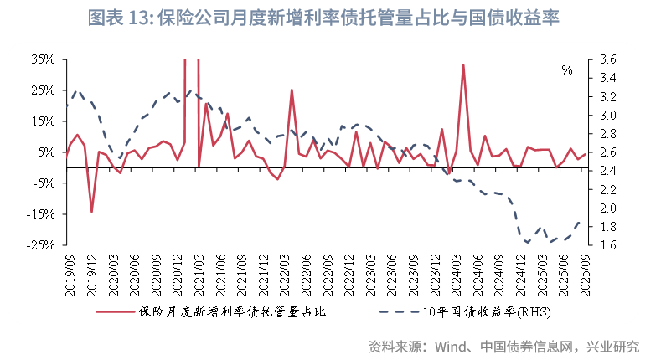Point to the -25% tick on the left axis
pyautogui.click(x=42, y=245)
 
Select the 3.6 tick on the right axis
pyautogui.click(x=608, y=59)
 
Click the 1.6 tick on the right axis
pyautogui.click(x=608, y=245)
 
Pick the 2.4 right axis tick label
pyautogui.click(x=608, y=171)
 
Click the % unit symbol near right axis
pyautogui.click(x=567, y=70)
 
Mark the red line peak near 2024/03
pyautogui.click(x=463, y=64)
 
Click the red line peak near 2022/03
pyautogui.click(x=292, y=90)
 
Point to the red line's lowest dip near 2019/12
pyautogui.click(x=91, y=212)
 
